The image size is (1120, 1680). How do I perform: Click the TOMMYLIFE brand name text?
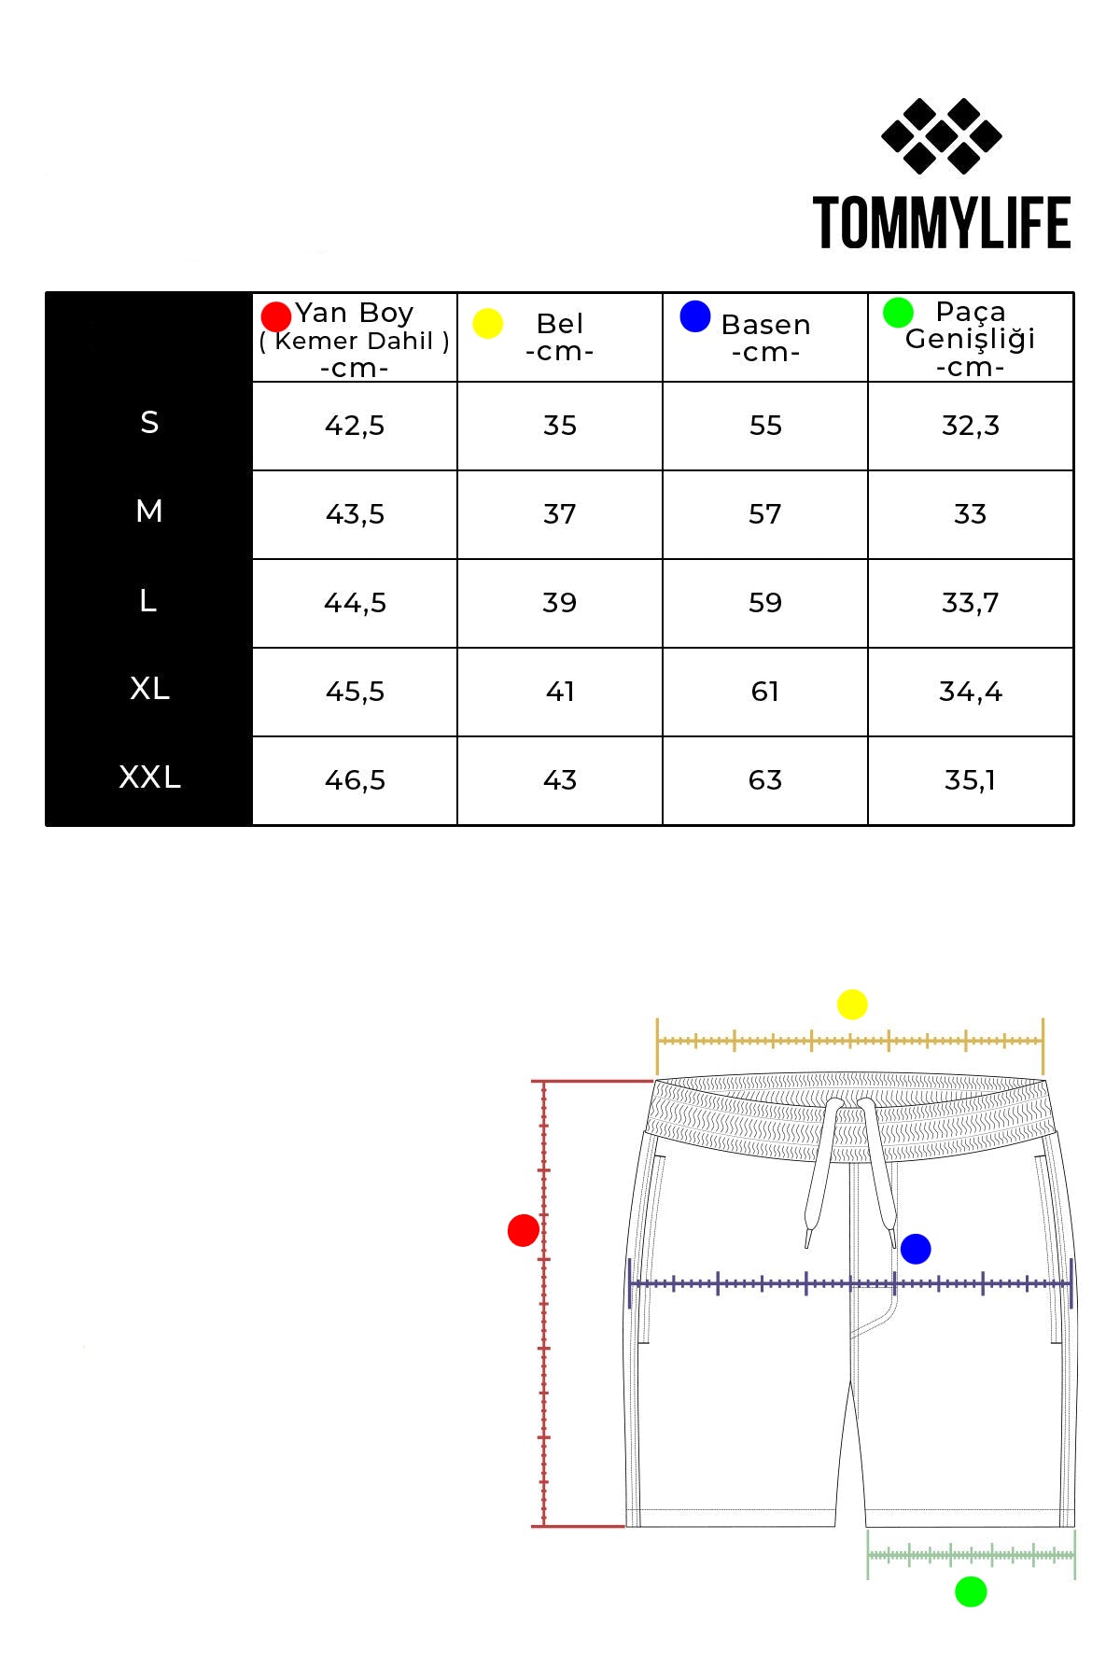pyautogui.click(x=942, y=223)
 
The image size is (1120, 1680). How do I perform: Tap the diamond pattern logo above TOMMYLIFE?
pyautogui.click(x=942, y=136)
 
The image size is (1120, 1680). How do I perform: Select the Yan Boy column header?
pyautogui.click(x=355, y=338)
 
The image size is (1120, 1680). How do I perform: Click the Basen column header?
pyautogui.click(x=765, y=337)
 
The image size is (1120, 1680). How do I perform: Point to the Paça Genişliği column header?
pyautogui.click(x=971, y=338)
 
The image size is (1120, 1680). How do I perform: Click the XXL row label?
pyautogui.click(x=149, y=777)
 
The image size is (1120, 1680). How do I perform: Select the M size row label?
pyautogui.click(x=149, y=511)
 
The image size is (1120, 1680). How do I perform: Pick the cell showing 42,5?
pyautogui.click(x=355, y=426)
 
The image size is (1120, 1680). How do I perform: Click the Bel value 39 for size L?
pyautogui.click(x=560, y=603)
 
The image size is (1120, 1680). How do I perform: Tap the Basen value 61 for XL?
pyautogui.click(x=765, y=692)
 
